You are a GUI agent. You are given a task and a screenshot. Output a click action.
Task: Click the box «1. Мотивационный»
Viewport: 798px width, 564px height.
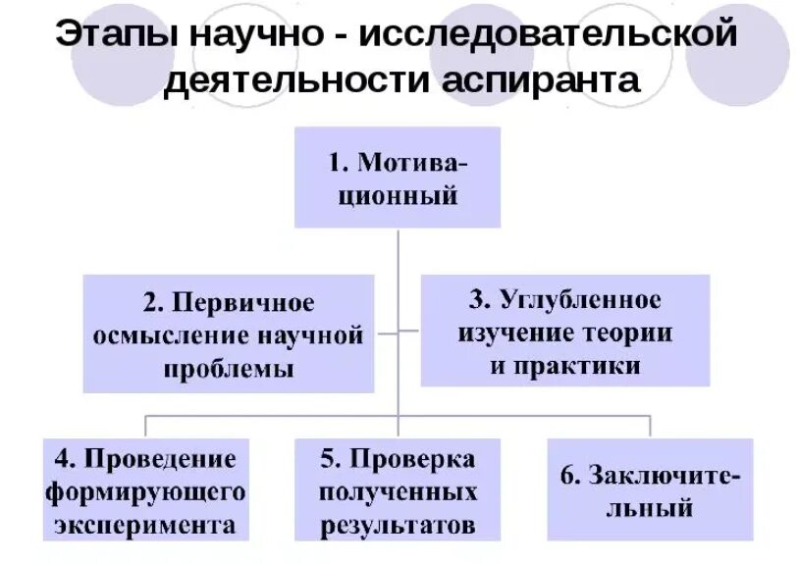(398, 177)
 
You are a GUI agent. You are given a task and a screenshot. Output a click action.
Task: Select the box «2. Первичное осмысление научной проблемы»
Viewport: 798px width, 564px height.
(228, 333)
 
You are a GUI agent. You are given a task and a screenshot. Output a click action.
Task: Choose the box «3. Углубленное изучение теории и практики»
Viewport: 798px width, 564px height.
(564, 331)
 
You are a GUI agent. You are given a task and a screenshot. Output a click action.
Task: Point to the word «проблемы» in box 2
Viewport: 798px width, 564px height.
(229, 370)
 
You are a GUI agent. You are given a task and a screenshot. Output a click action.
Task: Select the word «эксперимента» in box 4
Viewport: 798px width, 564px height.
(145, 522)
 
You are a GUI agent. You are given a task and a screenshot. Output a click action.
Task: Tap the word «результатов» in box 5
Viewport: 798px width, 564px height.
(398, 523)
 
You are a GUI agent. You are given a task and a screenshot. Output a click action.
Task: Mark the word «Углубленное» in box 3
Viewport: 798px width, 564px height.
(580, 298)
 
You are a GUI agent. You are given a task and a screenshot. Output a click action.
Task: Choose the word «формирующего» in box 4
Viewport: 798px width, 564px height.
(145, 489)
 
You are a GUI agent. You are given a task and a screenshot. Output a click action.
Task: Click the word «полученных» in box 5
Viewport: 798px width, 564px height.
(398, 489)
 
